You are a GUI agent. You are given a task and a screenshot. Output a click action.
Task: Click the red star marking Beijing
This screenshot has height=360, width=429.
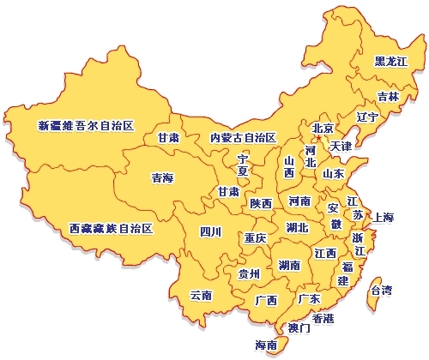317,137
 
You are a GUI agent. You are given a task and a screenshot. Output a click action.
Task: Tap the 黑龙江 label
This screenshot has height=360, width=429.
391,62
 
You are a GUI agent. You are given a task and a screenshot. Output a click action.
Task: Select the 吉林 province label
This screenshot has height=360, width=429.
389,97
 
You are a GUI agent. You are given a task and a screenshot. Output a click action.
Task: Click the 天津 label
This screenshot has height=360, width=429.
341,146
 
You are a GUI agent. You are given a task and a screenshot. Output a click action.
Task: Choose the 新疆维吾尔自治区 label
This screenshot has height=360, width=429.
87,125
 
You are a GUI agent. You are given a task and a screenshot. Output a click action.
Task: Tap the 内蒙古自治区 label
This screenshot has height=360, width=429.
243,137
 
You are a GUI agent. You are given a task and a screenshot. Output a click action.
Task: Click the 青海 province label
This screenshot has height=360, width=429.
162,178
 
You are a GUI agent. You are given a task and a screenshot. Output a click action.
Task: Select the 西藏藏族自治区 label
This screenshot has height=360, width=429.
111,229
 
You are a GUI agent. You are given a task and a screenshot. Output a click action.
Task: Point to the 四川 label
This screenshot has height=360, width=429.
210,231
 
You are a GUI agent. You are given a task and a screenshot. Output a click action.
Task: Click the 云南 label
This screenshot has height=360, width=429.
201,295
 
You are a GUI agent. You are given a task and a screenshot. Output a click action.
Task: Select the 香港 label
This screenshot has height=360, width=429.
323,318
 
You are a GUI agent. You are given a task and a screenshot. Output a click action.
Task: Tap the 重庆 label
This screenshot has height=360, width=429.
255,237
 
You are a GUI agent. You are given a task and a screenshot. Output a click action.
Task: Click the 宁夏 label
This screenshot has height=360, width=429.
243,165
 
